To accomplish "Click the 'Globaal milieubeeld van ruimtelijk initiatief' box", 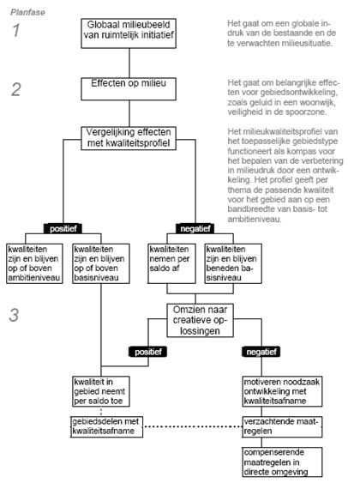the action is pyautogui.click(x=129, y=33).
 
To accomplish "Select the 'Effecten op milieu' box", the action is pyautogui.click(x=129, y=89).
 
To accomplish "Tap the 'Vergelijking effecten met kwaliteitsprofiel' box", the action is pyautogui.click(x=129, y=138).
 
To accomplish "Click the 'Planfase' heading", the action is pyautogui.click(x=27, y=12).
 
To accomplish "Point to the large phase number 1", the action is pyautogui.click(x=16, y=30).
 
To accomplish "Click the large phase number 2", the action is pyautogui.click(x=16, y=89).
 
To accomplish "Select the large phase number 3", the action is pyautogui.click(x=14, y=315).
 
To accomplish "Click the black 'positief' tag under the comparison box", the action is pyautogui.click(x=63, y=228).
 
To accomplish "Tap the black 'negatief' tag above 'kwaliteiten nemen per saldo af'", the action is pyautogui.click(x=195, y=228).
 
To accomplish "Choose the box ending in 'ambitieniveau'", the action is pyautogui.click(x=34, y=263).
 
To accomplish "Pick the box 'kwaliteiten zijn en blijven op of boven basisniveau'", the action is pyautogui.click(x=101, y=263).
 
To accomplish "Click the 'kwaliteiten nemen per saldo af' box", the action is pyautogui.click(x=171, y=263).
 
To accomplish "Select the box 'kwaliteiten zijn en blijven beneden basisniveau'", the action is pyautogui.click(x=233, y=263).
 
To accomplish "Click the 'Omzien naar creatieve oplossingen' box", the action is pyautogui.click(x=200, y=320).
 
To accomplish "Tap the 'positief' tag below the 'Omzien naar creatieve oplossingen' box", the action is pyautogui.click(x=148, y=352).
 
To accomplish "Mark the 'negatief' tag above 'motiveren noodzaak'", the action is pyautogui.click(x=261, y=352).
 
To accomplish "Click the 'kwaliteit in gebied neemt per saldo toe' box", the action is pyautogui.click(x=101, y=391).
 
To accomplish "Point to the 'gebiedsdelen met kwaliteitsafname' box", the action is pyautogui.click(x=107, y=426).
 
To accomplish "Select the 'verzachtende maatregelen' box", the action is pyautogui.click(x=282, y=426).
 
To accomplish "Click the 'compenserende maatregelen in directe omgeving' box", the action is pyautogui.click(x=282, y=462).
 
